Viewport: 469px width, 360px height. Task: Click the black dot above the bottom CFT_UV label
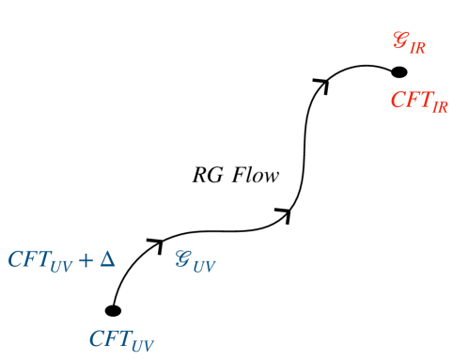[x=113, y=311]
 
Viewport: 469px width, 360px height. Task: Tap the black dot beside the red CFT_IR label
[x=399, y=71]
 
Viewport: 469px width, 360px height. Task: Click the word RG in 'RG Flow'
[x=206, y=175]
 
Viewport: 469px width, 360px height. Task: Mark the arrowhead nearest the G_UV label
[x=154, y=243]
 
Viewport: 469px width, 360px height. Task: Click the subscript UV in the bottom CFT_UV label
[x=142, y=343]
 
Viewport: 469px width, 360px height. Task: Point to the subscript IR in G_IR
[x=417, y=48]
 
